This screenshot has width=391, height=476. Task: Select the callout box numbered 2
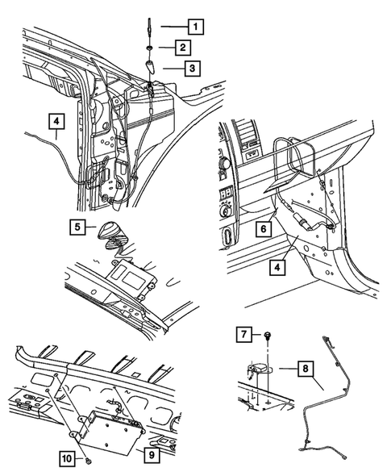pyautogui.click(x=185, y=48)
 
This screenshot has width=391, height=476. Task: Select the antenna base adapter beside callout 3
pyautogui.click(x=151, y=67)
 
